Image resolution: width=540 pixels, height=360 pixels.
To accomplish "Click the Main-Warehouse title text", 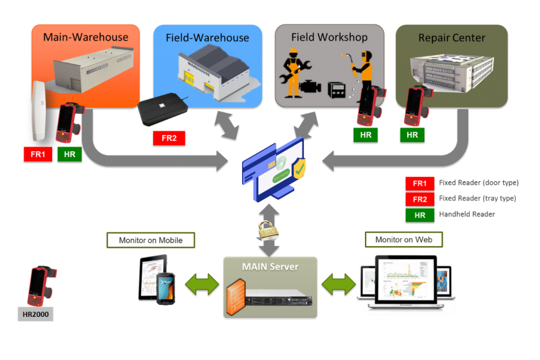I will (x=85, y=37).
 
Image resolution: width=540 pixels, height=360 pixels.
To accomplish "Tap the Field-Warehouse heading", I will (x=207, y=38).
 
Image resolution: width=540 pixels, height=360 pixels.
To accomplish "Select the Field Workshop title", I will (x=329, y=37).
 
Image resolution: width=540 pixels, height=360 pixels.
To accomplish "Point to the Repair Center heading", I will (x=451, y=38).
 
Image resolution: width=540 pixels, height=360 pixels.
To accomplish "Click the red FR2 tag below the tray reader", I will (x=169, y=138).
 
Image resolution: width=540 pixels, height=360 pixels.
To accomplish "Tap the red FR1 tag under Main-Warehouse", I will (x=38, y=154).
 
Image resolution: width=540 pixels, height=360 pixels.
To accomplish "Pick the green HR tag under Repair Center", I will (x=412, y=134).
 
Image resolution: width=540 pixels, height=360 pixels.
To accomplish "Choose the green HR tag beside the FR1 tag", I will (x=70, y=154).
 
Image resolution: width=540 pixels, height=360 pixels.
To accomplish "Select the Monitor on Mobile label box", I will (x=150, y=240).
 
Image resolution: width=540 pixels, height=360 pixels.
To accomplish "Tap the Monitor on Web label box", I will (x=404, y=240).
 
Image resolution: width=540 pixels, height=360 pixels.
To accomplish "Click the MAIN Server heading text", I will (x=270, y=267).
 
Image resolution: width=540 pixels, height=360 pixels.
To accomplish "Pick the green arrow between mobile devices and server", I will (x=202, y=284).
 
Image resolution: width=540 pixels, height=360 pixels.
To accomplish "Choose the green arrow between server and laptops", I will (x=338, y=284).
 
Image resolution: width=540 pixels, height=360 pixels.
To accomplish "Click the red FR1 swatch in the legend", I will (x=420, y=183).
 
